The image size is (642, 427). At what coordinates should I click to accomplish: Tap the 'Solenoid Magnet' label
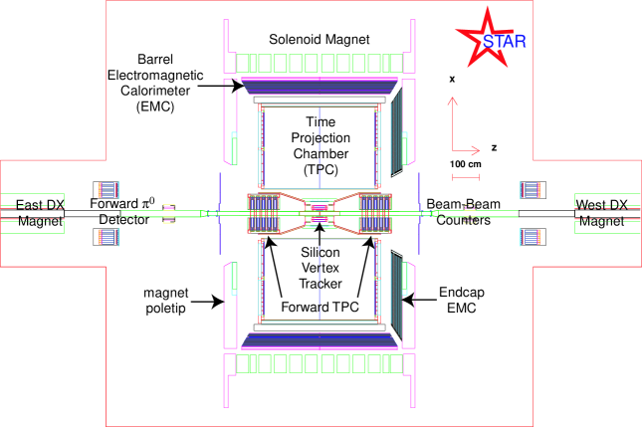tap(320, 39)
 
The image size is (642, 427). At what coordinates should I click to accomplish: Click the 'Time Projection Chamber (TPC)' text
tap(320, 144)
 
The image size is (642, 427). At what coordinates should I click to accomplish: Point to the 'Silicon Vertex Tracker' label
tap(320, 268)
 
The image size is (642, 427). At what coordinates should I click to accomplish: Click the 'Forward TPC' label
tap(320, 307)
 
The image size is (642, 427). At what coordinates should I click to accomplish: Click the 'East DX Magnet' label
tap(40, 214)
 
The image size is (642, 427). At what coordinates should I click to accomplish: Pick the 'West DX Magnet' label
tap(602, 214)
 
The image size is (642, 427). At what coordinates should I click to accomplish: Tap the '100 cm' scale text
tap(466, 162)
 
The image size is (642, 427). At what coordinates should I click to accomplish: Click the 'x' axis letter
tap(451, 78)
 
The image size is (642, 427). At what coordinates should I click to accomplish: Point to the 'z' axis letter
tap(494, 146)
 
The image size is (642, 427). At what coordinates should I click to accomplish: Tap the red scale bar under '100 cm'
tap(466, 177)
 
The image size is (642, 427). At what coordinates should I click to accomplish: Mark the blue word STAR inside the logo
tap(497, 41)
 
